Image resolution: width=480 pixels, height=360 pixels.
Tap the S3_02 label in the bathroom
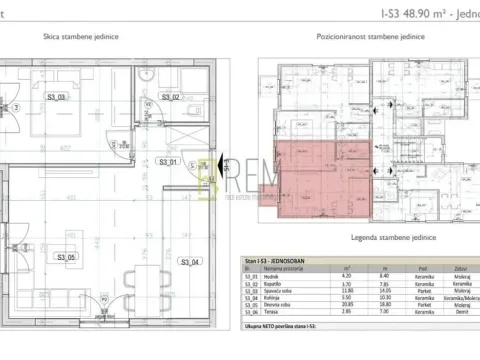tap(169, 97)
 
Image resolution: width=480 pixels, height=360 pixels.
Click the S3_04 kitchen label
tap(189, 262)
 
